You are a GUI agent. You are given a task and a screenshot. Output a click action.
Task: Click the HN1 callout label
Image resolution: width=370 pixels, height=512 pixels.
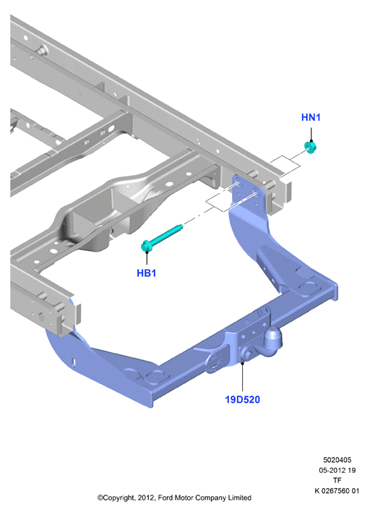click(311, 117)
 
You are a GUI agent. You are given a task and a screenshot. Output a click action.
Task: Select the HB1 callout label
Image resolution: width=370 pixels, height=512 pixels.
click(146, 273)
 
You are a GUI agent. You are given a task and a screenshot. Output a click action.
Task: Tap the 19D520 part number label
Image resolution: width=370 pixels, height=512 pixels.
click(242, 399)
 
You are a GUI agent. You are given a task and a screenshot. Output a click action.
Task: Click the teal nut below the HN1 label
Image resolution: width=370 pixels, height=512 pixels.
click(310, 148)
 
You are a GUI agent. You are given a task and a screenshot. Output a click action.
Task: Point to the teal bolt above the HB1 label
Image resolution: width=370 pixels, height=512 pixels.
click(162, 237)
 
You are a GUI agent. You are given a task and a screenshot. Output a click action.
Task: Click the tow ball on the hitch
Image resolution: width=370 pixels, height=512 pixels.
click(272, 339)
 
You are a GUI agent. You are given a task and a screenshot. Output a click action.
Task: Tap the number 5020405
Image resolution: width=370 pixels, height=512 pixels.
click(337, 460)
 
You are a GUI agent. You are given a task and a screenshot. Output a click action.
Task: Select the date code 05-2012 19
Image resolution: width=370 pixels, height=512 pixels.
click(337, 470)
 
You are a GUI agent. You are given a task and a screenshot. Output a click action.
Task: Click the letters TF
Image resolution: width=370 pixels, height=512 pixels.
click(337, 480)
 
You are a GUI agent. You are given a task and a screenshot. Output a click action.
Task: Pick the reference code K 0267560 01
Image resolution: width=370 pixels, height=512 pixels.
click(337, 491)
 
